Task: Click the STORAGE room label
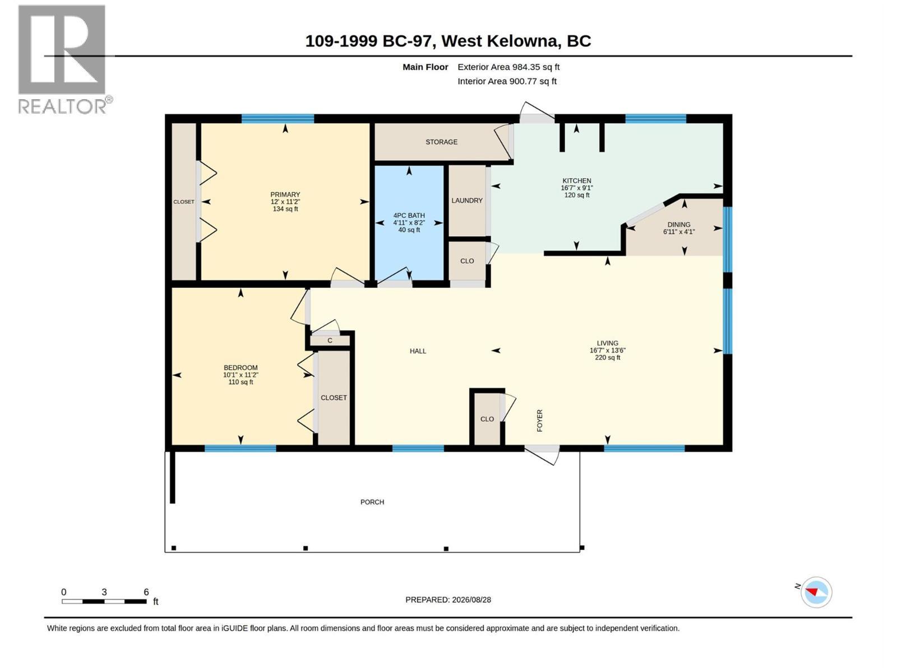pos(441,142)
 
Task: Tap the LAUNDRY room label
pos(466,200)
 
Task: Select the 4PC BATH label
pos(409,216)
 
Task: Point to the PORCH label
pos(372,502)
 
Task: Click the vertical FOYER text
pos(540,421)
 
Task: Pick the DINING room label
pos(679,225)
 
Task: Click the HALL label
pos(418,351)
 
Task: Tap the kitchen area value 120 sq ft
pos(577,195)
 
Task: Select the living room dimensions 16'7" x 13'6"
pos(607,351)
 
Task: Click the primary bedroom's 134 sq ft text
pos(285,209)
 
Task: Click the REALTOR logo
pos(64,59)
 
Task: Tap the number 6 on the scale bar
pos(146,592)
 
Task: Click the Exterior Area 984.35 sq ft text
pos(508,67)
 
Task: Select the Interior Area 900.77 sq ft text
pos(507,81)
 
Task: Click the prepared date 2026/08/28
pos(471,600)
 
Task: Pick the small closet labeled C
pos(330,340)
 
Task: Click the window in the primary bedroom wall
pos(278,119)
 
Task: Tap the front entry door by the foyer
pos(542,454)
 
